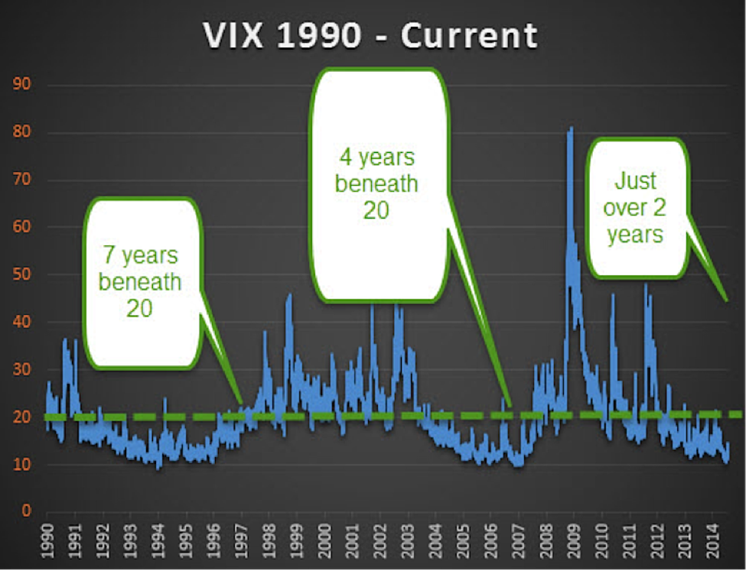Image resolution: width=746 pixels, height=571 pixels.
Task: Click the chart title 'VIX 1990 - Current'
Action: pyautogui.click(x=370, y=36)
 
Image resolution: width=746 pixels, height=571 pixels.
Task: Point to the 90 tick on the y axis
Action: pyautogui.click(x=22, y=84)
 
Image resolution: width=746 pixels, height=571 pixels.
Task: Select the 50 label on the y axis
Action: pyautogui.click(x=22, y=274)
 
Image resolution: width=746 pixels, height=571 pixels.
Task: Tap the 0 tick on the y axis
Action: pyautogui.click(x=26, y=511)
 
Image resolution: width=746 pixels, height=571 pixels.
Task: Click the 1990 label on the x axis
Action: pyautogui.click(x=47, y=541)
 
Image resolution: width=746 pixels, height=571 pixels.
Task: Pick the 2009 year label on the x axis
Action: pyautogui.click(x=575, y=541)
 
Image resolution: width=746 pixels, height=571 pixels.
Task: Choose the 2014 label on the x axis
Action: pyautogui.click(x=712, y=541)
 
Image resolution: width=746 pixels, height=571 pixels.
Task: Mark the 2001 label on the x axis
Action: pyautogui.click(x=353, y=541)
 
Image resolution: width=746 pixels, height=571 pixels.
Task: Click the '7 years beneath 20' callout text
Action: pyautogui.click(x=140, y=281)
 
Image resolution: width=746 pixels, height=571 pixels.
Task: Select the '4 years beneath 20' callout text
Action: pyautogui.click(x=376, y=183)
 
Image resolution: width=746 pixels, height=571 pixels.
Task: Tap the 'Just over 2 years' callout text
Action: pyautogui.click(x=634, y=207)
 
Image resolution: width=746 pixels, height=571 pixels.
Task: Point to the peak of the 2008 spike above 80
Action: pyautogui.click(x=572, y=128)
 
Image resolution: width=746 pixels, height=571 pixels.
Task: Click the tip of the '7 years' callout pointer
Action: pyautogui.click(x=243, y=404)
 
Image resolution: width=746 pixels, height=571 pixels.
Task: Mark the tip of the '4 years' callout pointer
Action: pyautogui.click(x=510, y=407)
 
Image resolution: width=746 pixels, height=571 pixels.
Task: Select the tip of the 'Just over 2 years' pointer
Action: pyautogui.click(x=727, y=301)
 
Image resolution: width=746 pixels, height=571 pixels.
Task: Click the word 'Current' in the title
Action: pyautogui.click(x=470, y=36)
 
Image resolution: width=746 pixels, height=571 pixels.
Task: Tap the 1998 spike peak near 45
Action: pyautogui.click(x=290, y=295)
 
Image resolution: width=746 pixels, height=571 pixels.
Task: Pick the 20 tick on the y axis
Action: pyautogui.click(x=22, y=417)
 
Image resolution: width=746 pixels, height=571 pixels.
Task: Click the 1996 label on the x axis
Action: pyautogui.click(x=213, y=541)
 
